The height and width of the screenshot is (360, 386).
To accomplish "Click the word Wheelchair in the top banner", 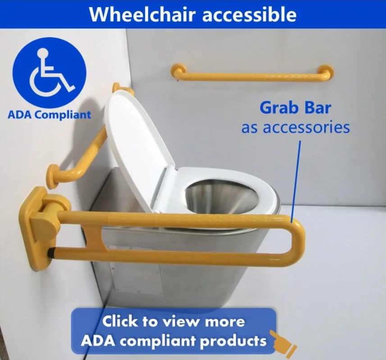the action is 142,14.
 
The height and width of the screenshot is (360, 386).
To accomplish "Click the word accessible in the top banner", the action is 249,14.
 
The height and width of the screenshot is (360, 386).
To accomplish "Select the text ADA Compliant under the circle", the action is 49,115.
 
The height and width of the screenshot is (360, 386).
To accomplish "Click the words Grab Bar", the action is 295,108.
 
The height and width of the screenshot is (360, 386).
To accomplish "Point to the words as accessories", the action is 295,128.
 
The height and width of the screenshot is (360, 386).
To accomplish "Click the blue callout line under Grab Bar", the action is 295,182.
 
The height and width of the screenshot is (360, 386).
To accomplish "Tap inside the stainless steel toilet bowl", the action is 222,197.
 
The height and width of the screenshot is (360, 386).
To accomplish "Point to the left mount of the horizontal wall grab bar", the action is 178,71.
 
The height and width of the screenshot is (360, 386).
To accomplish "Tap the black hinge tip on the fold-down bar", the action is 51,253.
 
